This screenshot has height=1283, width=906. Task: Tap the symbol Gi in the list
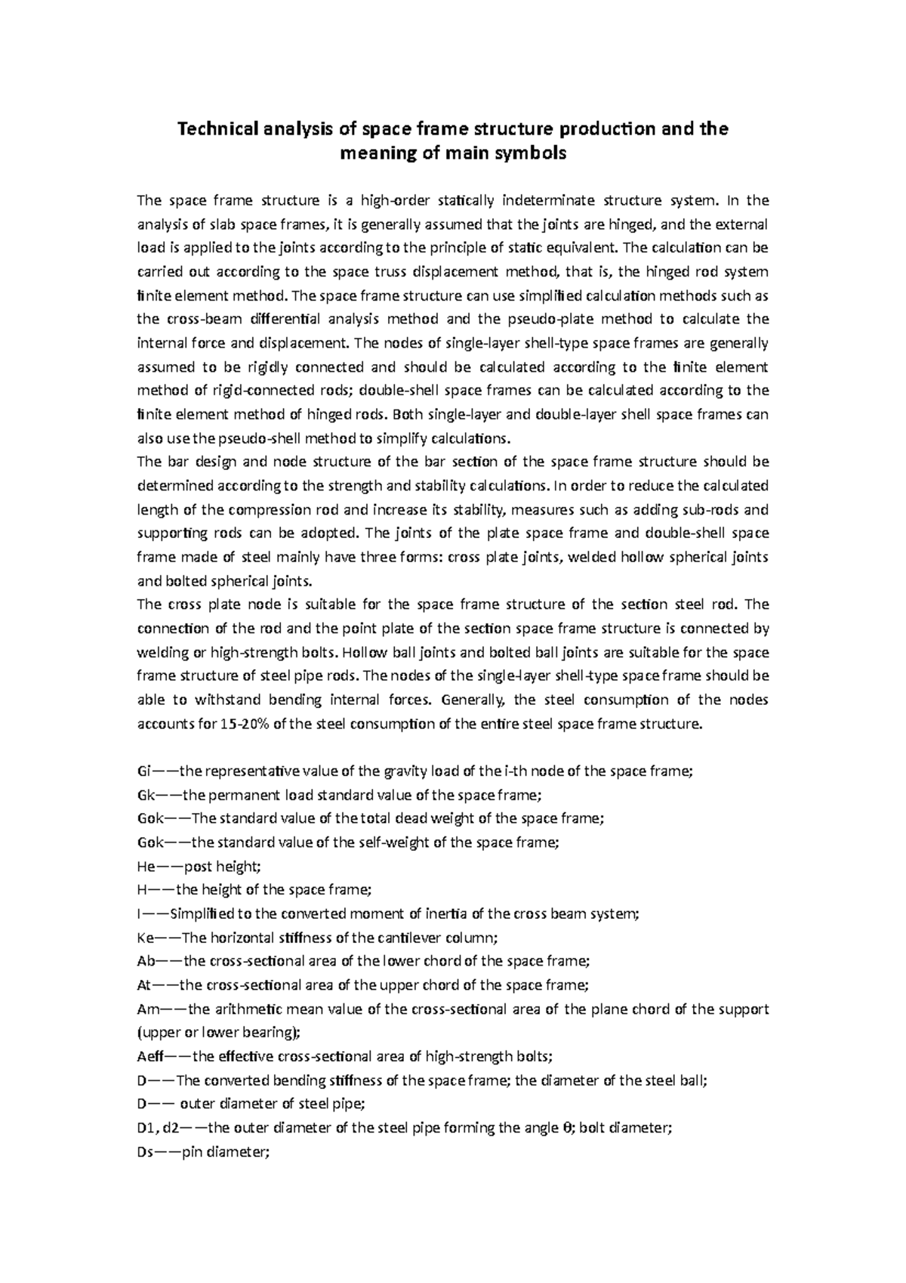[143, 771]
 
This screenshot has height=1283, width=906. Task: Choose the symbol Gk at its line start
[145, 795]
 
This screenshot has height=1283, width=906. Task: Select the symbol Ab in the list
[146, 961]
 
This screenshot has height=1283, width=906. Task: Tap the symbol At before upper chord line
[144, 985]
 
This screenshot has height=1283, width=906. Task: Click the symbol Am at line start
[147, 1009]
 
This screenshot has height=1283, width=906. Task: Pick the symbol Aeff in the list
[151, 1056]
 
